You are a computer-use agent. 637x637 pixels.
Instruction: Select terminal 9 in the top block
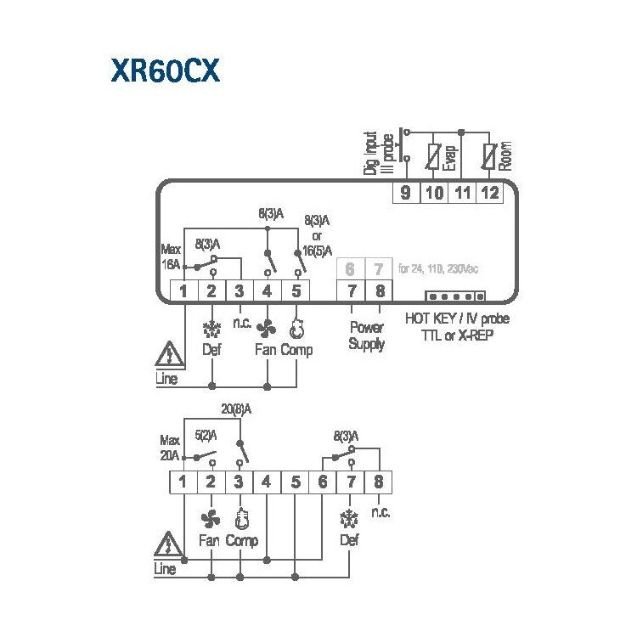tap(405, 193)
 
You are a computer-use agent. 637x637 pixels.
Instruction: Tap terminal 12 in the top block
tap(489, 193)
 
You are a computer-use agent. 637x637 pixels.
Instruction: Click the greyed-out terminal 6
tap(350, 270)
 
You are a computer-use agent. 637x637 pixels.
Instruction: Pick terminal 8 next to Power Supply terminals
tap(379, 291)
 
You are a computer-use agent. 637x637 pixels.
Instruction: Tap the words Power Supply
tap(366, 335)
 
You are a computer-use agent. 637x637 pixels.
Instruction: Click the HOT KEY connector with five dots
tap(455, 296)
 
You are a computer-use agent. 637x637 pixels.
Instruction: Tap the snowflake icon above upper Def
tap(211, 330)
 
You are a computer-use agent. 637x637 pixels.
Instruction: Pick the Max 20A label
tap(171, 448)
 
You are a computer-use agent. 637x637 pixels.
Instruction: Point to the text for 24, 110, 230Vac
tap(438, 269)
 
